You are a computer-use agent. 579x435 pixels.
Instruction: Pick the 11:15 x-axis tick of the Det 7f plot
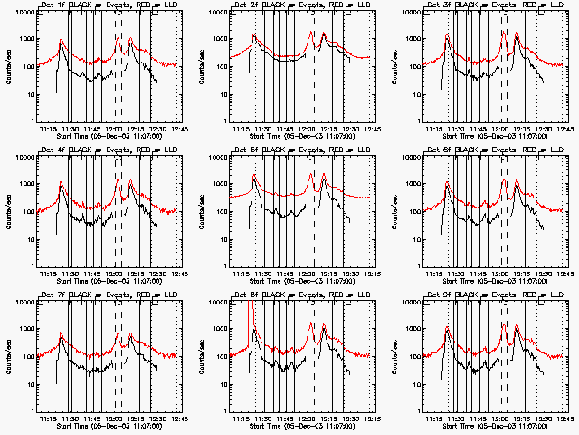tap(50, 419)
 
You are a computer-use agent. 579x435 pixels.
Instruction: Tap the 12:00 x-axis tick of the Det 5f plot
tap(309, 274)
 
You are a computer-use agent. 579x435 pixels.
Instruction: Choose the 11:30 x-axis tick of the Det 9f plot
tap(459, 419)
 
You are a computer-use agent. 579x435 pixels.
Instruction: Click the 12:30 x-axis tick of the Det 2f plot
tap(351, 130)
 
